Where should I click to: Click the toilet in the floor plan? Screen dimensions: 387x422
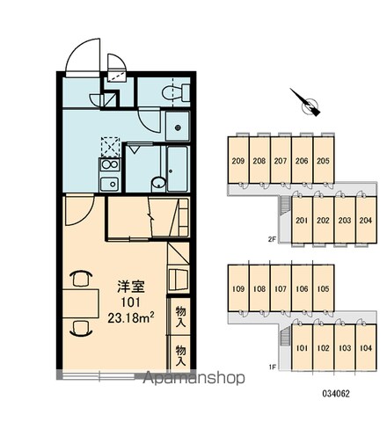coord(176,92)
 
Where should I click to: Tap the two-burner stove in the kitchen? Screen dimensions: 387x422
coord(110,164)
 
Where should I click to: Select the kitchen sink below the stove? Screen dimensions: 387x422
coord(110,184)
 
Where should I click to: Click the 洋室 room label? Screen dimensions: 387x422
coord(131,287)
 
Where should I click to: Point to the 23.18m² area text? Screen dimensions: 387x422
coord(131,317)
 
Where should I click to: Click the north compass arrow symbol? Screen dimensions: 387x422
coord(307,103)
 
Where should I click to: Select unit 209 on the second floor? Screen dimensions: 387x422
coord(238,160)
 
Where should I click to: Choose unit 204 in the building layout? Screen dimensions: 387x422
coord(366,220)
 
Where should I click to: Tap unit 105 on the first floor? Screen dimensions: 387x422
coord(324,288)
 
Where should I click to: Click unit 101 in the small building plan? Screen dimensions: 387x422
coord(302,348)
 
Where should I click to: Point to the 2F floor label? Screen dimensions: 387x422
coord(272,239)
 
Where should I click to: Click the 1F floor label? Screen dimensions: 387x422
coord(272,367)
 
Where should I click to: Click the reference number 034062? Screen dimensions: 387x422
coord(336,394)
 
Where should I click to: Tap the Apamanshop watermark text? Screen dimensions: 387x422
coord(193,377)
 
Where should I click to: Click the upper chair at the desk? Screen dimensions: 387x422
coord(81,278)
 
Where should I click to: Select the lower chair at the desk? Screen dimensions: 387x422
coord(81,328)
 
